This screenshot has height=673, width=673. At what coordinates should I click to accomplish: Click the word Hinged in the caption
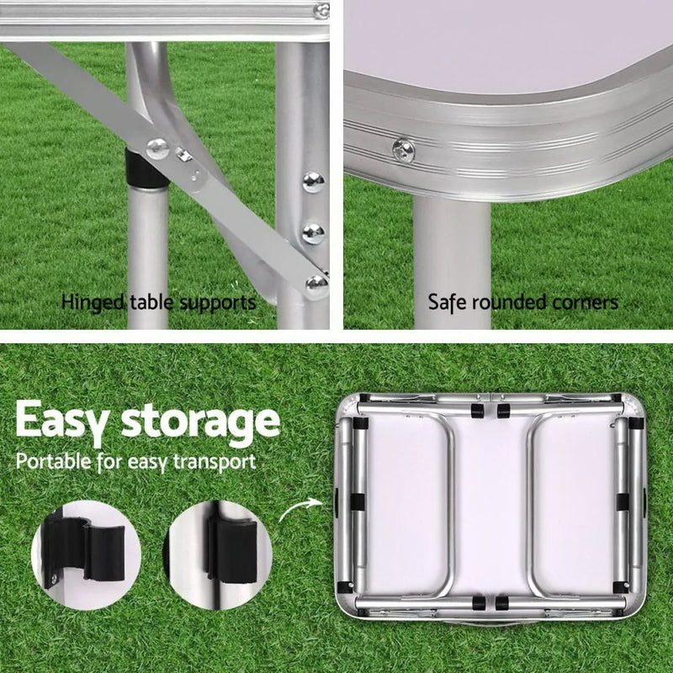92,302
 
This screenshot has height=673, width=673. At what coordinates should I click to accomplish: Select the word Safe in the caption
447,302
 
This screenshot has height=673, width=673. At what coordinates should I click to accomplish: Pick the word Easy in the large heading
62,421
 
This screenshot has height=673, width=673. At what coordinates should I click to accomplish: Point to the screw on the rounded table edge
403,151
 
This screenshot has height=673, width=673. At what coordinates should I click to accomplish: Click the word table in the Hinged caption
148,302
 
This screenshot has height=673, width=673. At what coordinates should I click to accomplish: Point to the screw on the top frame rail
321,11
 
